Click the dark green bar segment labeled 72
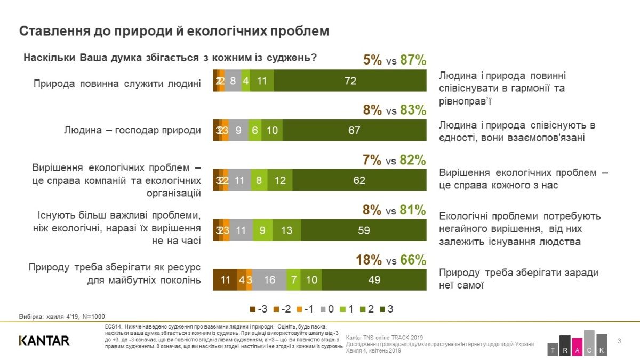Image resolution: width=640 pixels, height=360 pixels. (350, 81)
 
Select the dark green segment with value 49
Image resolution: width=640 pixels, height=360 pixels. (374, 280)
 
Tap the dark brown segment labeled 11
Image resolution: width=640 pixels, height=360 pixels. (225, 280)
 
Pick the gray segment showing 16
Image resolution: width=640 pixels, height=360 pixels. (269, 280)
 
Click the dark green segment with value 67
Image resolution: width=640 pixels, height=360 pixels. (354, 131)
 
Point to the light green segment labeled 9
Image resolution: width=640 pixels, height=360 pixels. (262, 230)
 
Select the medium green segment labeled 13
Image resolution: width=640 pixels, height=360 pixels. (286, 230)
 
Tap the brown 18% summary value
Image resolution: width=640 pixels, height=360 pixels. (369, 260)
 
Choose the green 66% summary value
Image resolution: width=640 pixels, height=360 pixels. (413, 260)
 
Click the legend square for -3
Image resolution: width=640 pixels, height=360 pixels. (253, 309)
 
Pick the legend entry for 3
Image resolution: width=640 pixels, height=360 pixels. (387, 309)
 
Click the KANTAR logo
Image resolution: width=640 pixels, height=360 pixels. (44, 340)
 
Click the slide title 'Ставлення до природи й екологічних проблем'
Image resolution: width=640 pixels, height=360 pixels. (174, 31)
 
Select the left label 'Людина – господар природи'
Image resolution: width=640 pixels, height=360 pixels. (132, 131)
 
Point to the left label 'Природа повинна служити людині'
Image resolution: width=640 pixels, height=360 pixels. (117, 83)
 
